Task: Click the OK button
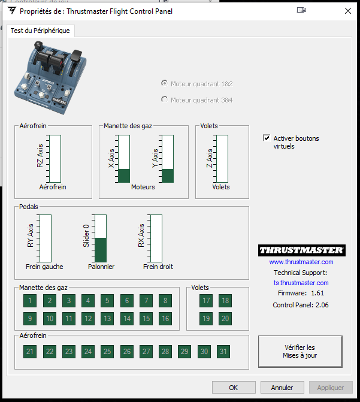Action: pyautogui.click(x=234, y=388)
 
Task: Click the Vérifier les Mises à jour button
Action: pyautogui.click(x=300, y=352)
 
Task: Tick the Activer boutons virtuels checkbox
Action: pyautogui.click(x=267, y=138)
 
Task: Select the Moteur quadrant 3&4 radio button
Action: pyautogui.click(x=164, y=99)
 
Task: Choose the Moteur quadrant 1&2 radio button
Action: pyautogui.click(x=164, y=83)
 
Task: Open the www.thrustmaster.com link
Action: pyautogui.click(x=301, y=262)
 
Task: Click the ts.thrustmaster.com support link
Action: pyautogui.click(x=301, y=283)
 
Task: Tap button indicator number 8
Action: pyautogui.click(x=165, y=301)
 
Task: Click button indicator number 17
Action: pyautogui.click(x=206, y=301)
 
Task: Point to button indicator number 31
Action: pyautogui.click(x=223, y=352)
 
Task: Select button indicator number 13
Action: pyautogui.click(x=107, y=318)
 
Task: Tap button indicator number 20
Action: pyautogui.click(x=225, y=318)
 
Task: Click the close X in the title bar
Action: pyautogui.click(x=348, y=11)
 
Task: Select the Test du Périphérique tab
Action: pyautogui.click(x=40, y=31)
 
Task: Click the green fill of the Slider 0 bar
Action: pyautogui.click(x=101, y=250)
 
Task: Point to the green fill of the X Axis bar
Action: pyautogui.click(x=124, y=176)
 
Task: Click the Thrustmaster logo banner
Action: pyautogui.click(x=302, y=250)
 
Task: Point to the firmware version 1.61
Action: pyautogui.click(x=317, y=293)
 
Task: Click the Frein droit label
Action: pyautogui.click(x=158, y=267)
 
